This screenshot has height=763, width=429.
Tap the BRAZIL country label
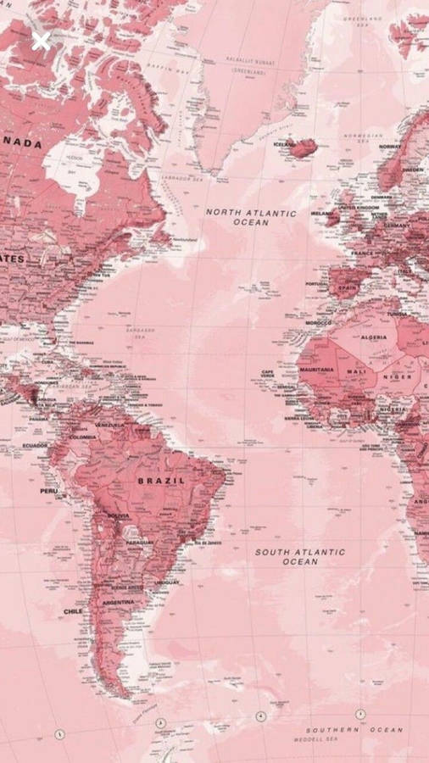point(161,481)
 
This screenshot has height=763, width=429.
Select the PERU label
point(48,491)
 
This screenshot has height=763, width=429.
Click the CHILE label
point(73,610)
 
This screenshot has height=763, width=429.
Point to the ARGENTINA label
point(118,602)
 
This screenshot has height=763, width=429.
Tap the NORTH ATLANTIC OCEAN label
point(251,217)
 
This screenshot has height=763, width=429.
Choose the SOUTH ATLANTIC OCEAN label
point(300,556)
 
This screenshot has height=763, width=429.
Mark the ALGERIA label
point(374,337)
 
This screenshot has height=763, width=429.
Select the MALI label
point(357,371)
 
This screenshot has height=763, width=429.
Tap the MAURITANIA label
point(316,370)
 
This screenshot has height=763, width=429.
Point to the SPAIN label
point(348,288)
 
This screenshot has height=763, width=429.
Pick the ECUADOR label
point(35,446)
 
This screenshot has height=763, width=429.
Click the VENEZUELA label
point(109,424)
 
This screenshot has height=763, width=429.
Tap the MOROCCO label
point(319,323)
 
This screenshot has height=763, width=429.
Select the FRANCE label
point(363,253)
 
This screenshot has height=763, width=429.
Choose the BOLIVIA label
point(118,515)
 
